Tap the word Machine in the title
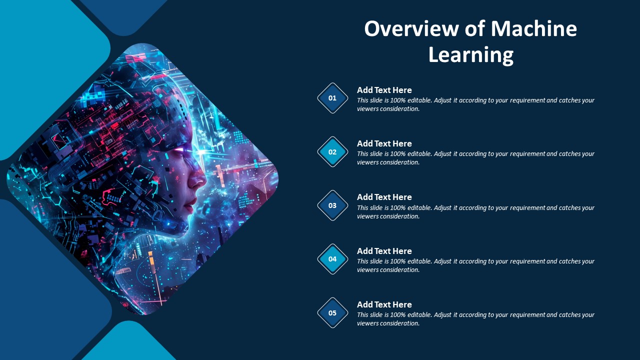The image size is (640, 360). (534, 29)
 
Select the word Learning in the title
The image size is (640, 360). (471, 55)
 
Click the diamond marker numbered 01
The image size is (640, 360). (332, 98)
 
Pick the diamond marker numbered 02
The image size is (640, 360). (332, 151)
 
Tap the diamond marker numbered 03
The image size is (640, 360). (332, 205)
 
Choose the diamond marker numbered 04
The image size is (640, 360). (332, 259)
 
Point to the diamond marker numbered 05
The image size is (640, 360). (332, 313)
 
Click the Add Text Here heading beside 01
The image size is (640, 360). (384, 90)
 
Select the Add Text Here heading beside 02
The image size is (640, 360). (384, 143)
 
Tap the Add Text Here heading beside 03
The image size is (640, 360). (384, 197)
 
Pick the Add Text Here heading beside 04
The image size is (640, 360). (384, 251)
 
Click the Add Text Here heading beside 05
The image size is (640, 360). (384, 304)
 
